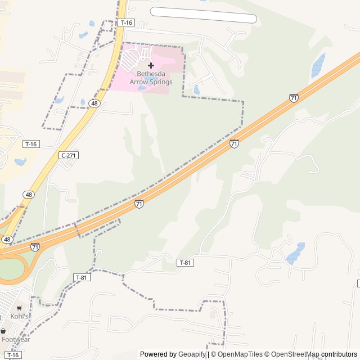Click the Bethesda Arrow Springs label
[151, 78]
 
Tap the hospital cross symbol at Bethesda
[151, 65]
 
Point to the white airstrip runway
[203, 15]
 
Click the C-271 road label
[68, 155]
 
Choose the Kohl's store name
[19, 317]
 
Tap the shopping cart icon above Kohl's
[19, 308]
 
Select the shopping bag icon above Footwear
[3, 331]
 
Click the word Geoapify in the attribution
[192, 354]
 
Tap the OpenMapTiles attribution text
[240, 354]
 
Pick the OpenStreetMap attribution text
[296, 354]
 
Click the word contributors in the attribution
[339, 354]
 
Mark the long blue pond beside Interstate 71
[318, 65]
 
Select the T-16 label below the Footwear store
[14, 355]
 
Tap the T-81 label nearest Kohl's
[82, 277]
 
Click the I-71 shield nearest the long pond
[294, 98]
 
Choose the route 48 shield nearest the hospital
[94, 103]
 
